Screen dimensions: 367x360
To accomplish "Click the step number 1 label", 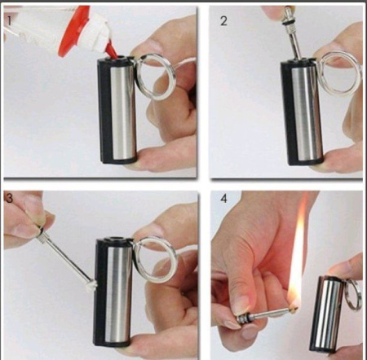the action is (9, 20).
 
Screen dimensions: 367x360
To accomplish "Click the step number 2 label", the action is (223, 21).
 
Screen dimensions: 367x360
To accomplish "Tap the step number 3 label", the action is (9, 198).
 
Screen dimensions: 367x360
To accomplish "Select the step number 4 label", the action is (223, 199).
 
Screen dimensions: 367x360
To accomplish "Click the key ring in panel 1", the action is (155, 77).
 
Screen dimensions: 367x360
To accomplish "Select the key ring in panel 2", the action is (340, 72).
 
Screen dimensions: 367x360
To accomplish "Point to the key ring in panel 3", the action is (156, 260).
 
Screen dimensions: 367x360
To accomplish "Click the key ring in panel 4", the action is (353, 295).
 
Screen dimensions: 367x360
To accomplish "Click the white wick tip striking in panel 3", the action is (91, 286).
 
